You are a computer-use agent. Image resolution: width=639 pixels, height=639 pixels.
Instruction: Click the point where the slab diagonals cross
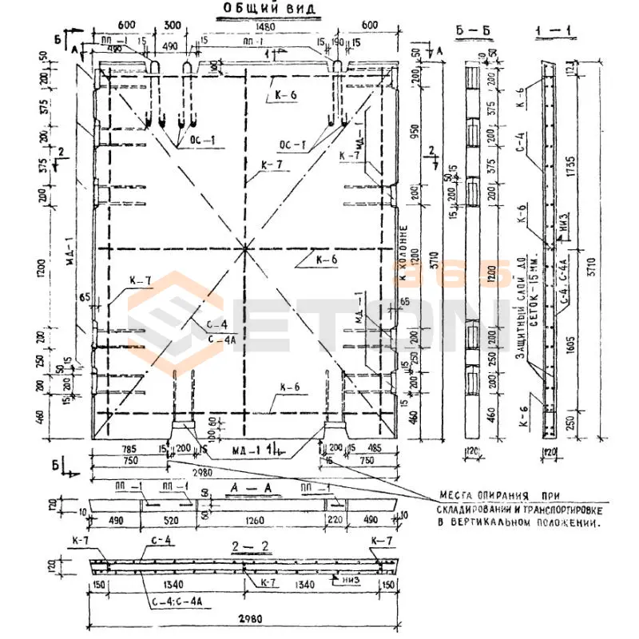pyautogui.click(x=244, y=248)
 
